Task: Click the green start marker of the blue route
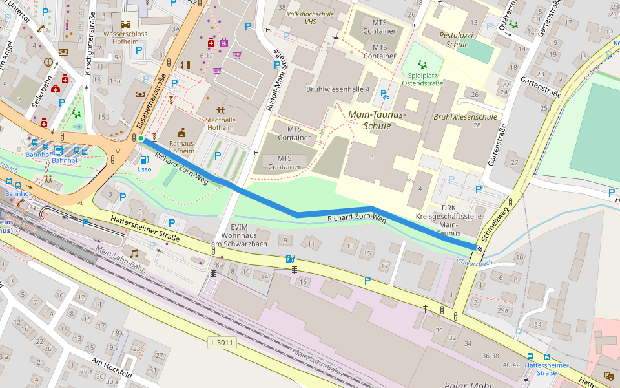click(x=141, y=138)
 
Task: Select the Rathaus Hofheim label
click(x=181, y=146)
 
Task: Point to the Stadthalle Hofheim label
click(x=220, y=124)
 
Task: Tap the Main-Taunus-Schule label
click(x=377, y=120)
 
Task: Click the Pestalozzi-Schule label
click(x=457, y=39)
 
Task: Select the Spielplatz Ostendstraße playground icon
click(x=423, y=65)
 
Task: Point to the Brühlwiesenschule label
click(x=465, y=117)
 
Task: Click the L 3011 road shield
click(x=222, y=342)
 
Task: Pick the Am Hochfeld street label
click(x=111, y=367)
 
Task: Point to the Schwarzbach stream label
click(x=473, y=262)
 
